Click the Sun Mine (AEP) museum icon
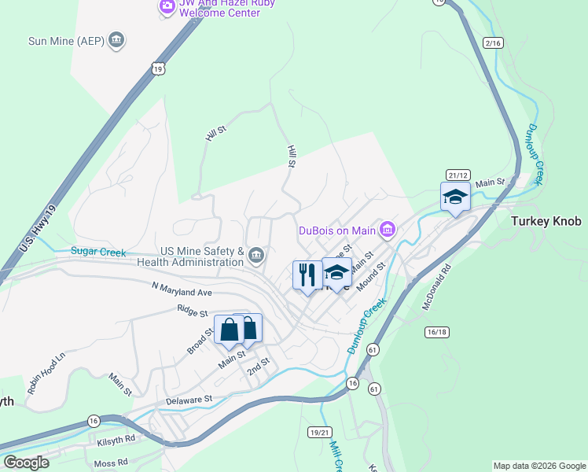(116, 40)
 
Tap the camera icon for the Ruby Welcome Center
(167, 7)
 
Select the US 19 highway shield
(159, 69)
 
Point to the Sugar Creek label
(98, 252)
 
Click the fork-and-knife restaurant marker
(306, 274)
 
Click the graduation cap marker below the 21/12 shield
(455, 197)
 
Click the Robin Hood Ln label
(46, 373)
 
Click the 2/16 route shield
(493, 43)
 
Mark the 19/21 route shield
(320, 432)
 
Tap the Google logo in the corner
(26, 462)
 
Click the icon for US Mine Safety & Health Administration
(256, 255)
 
